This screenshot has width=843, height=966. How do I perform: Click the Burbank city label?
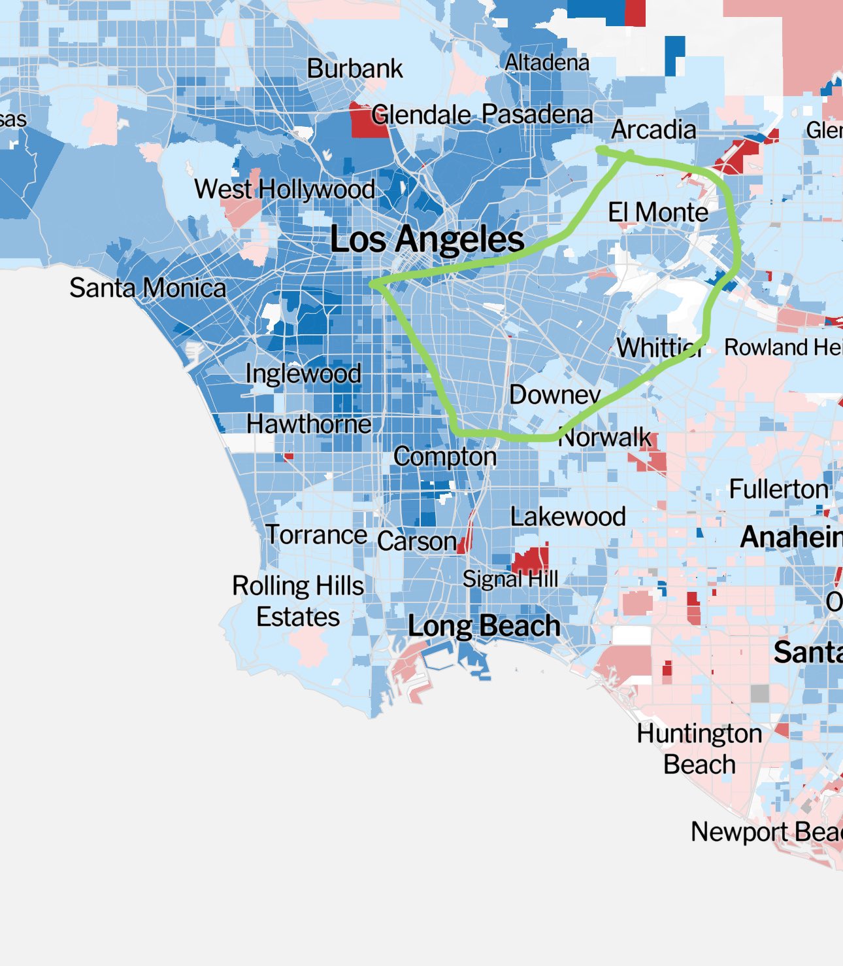click(355, 69)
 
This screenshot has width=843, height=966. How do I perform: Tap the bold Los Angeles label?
click(427, 239)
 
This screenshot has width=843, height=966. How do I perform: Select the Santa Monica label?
click(148, 288)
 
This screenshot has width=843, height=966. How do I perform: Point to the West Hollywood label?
click(284, 190)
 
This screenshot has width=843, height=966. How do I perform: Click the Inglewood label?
click(303, 373)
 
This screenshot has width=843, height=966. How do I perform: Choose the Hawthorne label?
click(308, 424)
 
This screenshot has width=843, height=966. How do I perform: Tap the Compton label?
click(445, 457)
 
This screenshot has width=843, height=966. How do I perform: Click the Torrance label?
click(316, 535)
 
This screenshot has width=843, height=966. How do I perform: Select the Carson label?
click(416, 542)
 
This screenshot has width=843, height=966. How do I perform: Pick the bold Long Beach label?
click(484, 627)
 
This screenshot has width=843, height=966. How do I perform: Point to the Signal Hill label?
click(510, 579)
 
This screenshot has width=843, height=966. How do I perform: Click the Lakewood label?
click(568, 517)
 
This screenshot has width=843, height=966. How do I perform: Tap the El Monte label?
click(658, 213)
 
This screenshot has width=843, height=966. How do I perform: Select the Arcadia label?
click(653, 129)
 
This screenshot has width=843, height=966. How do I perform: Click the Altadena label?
click(547, 63)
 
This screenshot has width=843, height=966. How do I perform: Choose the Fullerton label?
click(778, 489)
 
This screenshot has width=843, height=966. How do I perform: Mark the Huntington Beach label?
click(699, 749)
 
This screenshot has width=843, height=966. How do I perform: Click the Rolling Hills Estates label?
click(298, 601)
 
